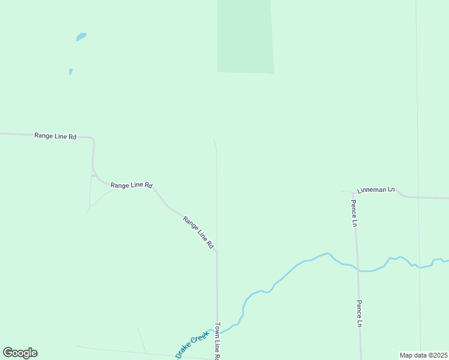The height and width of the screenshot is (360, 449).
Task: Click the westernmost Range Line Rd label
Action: pos(55,136)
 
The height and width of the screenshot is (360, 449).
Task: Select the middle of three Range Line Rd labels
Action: pos(131,185)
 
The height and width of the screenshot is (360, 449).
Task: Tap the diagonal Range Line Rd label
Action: pos(199,232)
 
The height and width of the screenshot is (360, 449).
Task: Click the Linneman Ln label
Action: pos(376,190)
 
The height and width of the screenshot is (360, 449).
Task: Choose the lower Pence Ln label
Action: pos(360,313)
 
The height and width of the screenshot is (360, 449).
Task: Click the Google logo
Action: pos(20,353)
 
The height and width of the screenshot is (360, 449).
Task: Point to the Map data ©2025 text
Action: pos(423,355)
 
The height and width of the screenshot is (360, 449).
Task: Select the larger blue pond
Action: pos(81,37)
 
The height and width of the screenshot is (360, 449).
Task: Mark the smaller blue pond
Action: pos(71,72)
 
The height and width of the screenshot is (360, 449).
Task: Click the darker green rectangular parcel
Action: pos(245,36)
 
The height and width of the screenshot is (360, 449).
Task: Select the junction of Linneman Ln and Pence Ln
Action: pos(351,192)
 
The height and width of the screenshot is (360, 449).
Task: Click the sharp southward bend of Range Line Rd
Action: pos(93,142)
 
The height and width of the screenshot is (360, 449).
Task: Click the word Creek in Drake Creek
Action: pos(200,338)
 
